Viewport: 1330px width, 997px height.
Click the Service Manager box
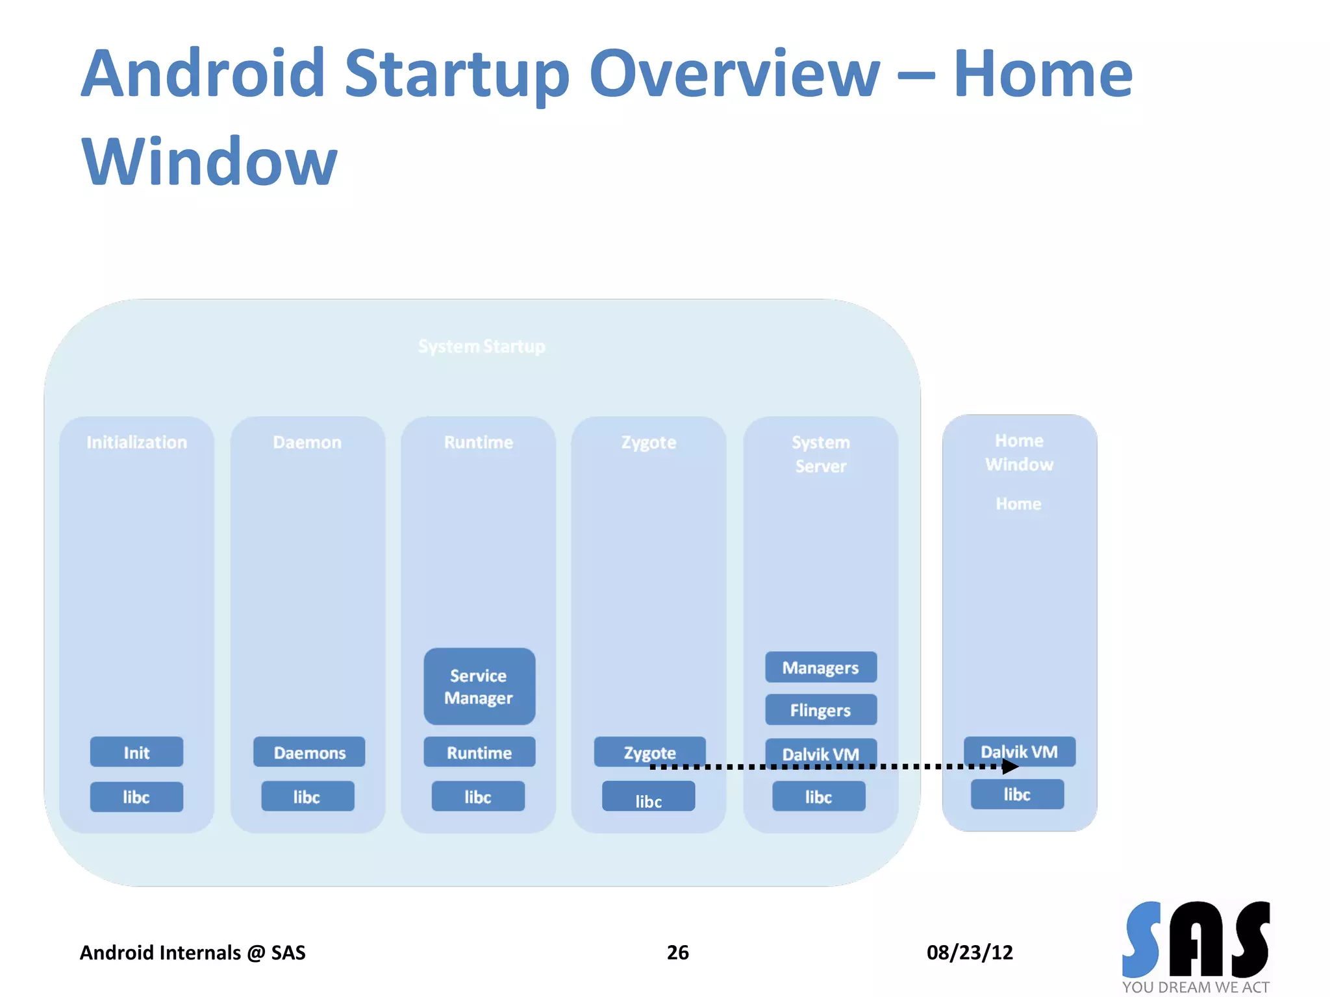479,686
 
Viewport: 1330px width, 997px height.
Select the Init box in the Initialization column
136,752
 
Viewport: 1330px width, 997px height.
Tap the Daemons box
309,752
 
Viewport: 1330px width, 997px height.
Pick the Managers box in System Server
820,667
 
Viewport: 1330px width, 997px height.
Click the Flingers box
820,709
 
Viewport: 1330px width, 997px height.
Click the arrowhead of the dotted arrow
1010,767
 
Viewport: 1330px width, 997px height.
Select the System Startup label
481,346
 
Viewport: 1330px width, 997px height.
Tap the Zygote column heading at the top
648,442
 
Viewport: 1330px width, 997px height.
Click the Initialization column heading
136,442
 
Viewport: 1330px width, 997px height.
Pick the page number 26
677,952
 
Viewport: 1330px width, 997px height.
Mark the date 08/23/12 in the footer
969,952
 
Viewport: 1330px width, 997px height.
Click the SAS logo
1196,941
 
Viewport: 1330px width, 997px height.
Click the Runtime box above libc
479,752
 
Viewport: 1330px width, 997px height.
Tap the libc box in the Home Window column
1017,794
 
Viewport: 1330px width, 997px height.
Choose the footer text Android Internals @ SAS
192,952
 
